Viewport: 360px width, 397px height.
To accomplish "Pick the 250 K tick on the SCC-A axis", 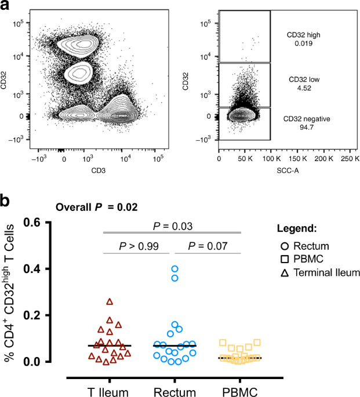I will [347, 158].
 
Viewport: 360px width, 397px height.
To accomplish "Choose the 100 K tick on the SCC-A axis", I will [271, 158].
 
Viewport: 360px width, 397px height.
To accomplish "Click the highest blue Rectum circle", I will [174, 269].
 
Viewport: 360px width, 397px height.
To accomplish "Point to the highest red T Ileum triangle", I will [110, 301].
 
